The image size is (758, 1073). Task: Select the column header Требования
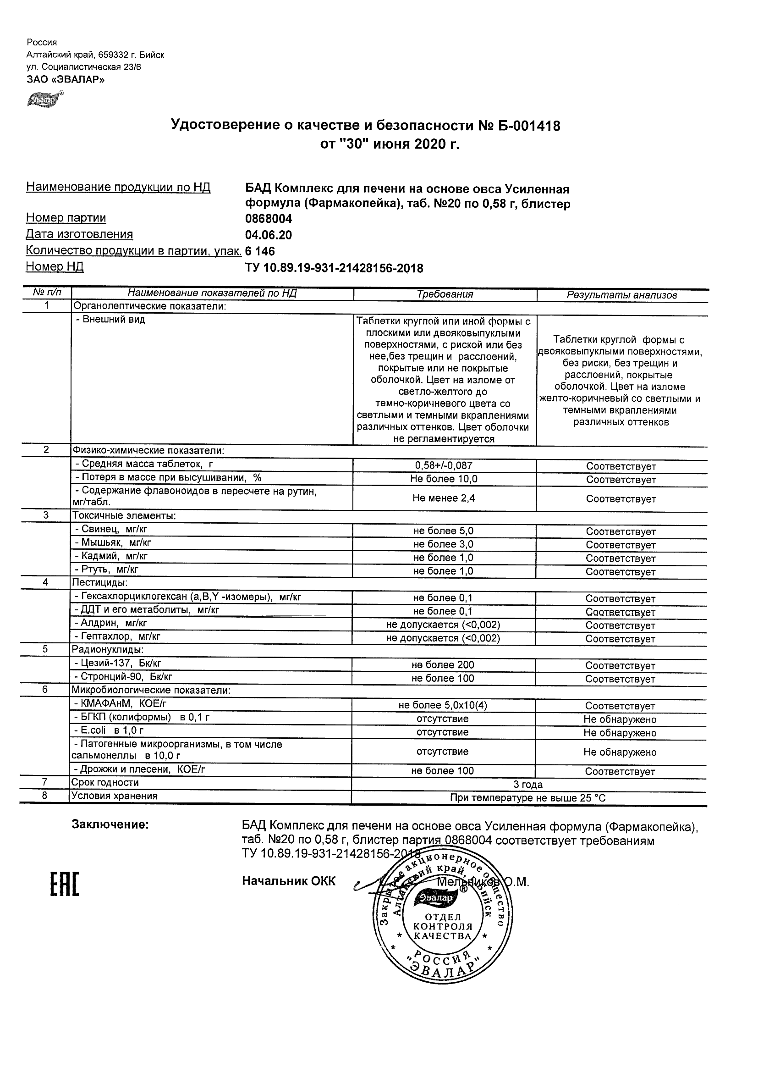445,294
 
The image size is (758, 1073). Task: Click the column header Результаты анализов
621,295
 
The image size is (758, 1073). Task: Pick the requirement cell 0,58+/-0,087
444,465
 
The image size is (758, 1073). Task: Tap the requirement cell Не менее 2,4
444,498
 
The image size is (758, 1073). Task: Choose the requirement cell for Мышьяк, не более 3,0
443,544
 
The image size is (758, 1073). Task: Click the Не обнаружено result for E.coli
620,733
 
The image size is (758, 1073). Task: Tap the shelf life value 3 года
528,785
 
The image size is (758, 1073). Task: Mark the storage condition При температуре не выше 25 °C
528,798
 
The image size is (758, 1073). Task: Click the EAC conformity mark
65,885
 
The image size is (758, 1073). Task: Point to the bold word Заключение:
110,825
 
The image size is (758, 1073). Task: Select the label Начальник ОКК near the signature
289,881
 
